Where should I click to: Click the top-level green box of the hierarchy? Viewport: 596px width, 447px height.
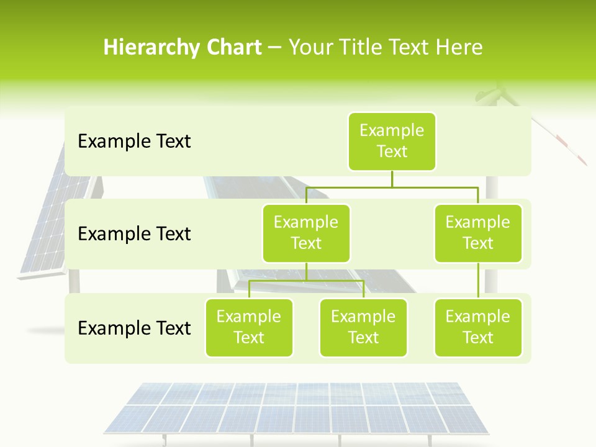click(392, 142)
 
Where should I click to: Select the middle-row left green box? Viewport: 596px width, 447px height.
click(306, 233)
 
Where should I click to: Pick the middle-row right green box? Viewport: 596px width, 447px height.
click(478, 233)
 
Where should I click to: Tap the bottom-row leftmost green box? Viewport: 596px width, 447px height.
click(249, 328)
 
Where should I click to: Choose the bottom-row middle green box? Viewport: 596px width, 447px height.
click(363, 328)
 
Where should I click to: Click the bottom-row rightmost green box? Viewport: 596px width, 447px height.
click(478, 328)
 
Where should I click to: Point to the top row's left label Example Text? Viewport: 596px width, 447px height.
click(134, 142)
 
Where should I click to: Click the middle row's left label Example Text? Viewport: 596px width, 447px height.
click(134, 234)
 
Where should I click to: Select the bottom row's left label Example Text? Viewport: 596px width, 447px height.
click(134, 328)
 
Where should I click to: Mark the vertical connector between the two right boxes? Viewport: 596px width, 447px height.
click(478, 281)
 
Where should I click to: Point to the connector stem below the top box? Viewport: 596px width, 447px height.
click(392, 179)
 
